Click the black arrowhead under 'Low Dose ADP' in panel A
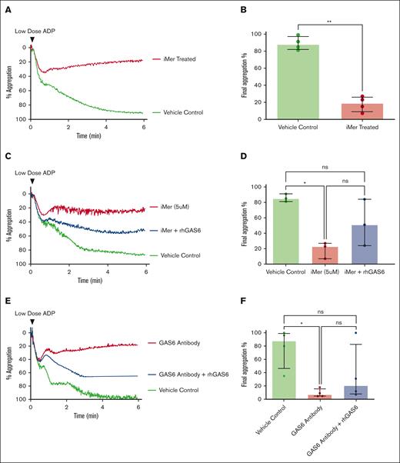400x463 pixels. tap(31, 38)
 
